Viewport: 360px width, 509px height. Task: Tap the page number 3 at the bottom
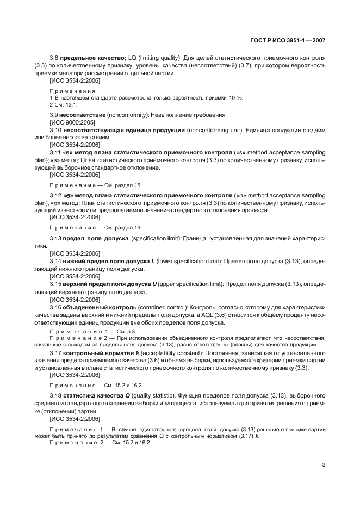tap(323, 464)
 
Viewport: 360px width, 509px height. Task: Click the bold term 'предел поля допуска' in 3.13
tap(96, 239)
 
